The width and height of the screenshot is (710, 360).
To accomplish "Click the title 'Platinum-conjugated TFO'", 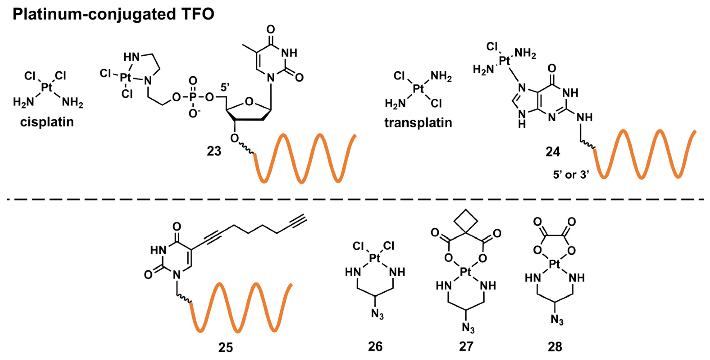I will [x=113, y=14].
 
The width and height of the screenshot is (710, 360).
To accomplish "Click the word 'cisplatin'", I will [x=47, y=122].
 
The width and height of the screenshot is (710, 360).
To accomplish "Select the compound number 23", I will [x=214, y=151].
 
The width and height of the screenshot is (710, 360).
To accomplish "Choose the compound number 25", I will [x=225, y=348].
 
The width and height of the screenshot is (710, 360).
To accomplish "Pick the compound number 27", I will [x=466, y=346].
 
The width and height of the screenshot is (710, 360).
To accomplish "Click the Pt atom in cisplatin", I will [x=47, y=88].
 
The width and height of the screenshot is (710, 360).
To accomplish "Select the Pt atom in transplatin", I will [x=418, y=89].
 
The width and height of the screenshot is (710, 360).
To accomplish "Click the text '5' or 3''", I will [x=571, y=175].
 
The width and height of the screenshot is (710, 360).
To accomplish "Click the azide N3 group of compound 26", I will [x=377, y=314].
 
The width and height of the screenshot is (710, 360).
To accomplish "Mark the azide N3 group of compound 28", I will [x=557, y=320].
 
